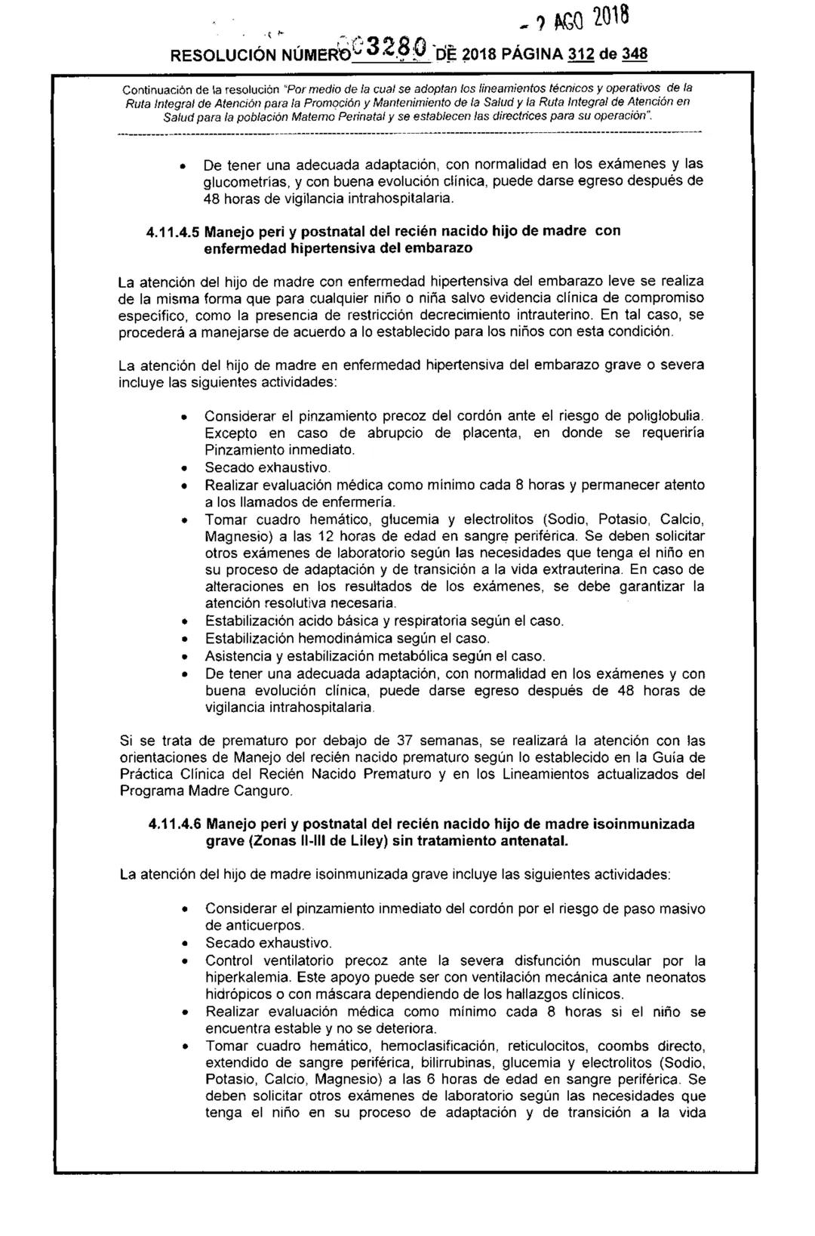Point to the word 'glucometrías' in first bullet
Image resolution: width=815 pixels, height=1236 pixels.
(243, 182)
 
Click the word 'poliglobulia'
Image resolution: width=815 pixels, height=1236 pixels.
(666, 416)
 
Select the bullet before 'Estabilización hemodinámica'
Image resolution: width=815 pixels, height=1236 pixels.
(181, 640)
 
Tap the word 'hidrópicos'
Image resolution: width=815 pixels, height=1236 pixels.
(238, 995)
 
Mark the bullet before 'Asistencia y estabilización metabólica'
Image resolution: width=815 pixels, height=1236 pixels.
(181, 657)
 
